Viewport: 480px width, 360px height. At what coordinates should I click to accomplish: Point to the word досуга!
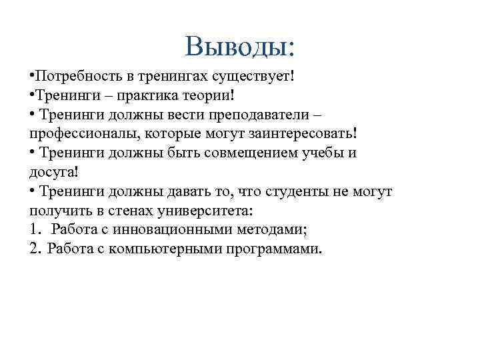[54, 172]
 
